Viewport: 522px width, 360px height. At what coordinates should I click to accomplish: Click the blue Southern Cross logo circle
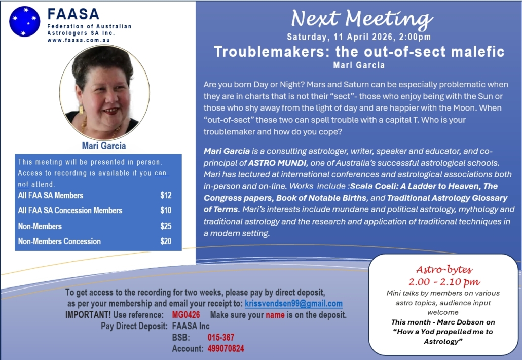pyautogui.click(x=24, y=22)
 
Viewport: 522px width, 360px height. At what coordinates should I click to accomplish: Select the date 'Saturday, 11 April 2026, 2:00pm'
pyautogui.click(x=359, y=37)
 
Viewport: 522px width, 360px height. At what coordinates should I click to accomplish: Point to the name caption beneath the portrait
pyautogui.click(x=104, y=146)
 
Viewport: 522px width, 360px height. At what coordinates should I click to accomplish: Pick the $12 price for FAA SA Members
pyautogui.click(x=166, y=196)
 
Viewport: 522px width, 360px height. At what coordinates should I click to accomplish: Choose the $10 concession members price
pyautogui.click(x=166, y=211)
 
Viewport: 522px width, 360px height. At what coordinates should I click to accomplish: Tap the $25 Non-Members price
pyautogui.click(x=166, y=226)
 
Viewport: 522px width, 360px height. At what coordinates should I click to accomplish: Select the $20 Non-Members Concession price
pyautogui.click(x=166, y=241)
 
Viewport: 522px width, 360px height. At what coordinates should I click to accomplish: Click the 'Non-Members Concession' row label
pyautogui.click(x=59, y=241)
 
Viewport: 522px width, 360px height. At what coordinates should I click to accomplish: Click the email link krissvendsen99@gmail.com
pyautogui.click(x=293, y=304)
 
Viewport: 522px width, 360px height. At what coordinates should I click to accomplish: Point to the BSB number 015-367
pyautogui.click(x=221, y=337)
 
